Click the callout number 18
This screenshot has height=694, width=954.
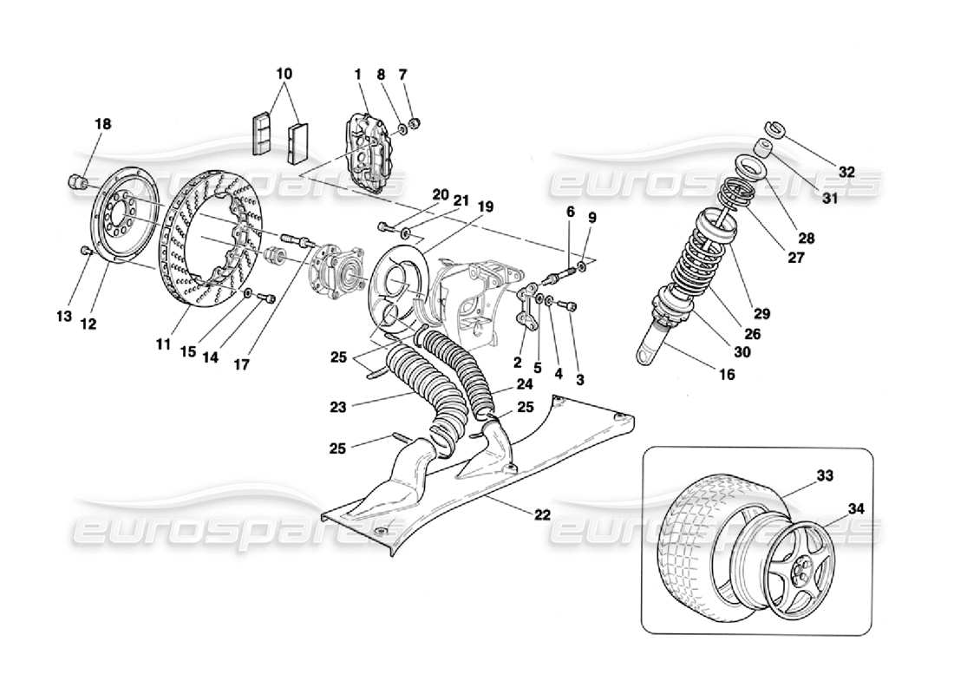102,125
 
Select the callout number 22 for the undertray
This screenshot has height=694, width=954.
541,515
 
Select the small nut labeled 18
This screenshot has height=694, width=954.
77,181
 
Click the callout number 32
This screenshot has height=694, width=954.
846,173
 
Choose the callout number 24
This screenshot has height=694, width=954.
526,383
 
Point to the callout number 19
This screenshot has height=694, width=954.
484,207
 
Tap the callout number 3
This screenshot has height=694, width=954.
580,379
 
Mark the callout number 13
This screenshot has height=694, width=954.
62,318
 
